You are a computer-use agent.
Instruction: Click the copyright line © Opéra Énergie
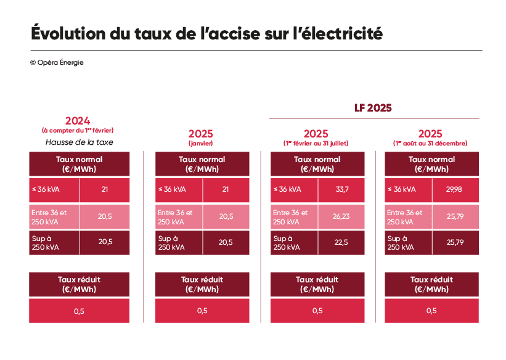pyautogui.click(x=56, y=62)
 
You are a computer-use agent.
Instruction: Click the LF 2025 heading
pyautogui.click(x=373, y=108)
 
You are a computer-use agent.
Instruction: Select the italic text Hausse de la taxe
pyautogui.click(x=79, y=142)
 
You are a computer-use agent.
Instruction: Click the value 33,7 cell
pyautogui.click(x=341, y=190)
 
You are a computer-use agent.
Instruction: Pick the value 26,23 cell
pyautogui.click(x=341, y=216)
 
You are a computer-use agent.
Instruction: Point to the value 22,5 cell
pyautogui.click(x=341, y=242)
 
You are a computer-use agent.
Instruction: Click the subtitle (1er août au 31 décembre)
pyautogui.click(x=430, y=143)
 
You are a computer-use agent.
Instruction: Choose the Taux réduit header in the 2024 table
pyautogui.click(x=79, y=284)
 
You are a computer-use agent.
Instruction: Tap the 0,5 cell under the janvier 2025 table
pyautogui.click(x=202, y=311)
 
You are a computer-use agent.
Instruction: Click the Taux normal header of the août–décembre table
pyautogui.click(x=431, y=164)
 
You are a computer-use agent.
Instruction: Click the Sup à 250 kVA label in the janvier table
pyautogui.click(x=171, y=242)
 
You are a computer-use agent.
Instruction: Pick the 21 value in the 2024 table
pyautogui.click(x=105, y=190)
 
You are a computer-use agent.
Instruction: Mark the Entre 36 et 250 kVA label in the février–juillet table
pyautogui.click(x=290, y=216)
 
